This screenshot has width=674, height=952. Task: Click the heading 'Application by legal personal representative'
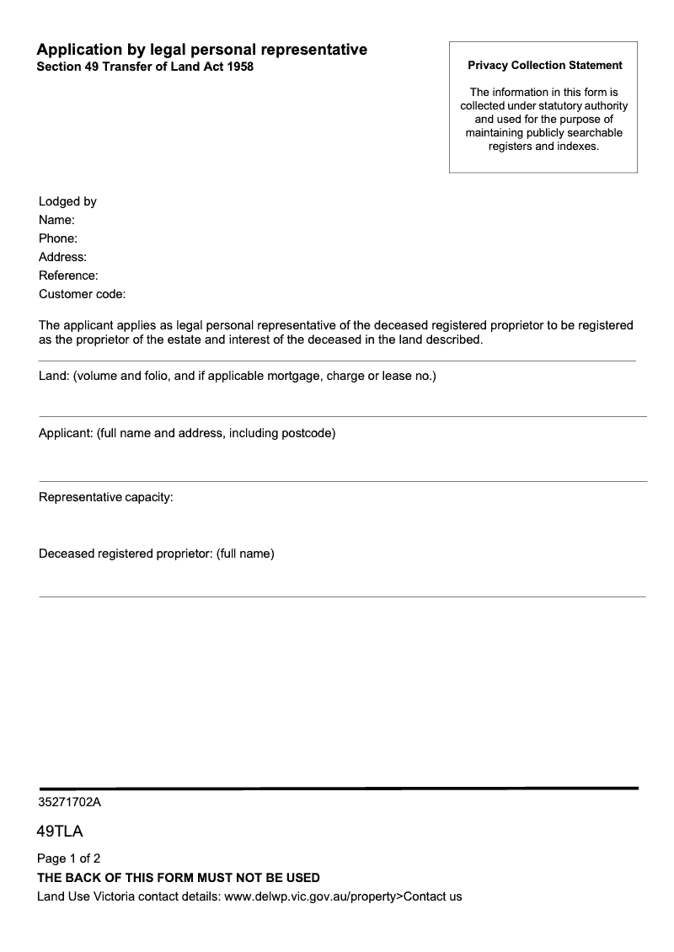pyautogui.click(x=201, y=50)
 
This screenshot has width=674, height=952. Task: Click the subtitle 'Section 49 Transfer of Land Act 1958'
pyautogui.click(x=144, y=67)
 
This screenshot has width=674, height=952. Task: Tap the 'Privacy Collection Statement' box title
pyautogui.click(x=544, y=65)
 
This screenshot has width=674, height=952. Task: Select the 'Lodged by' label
pyautogui.click(x=67, y=201)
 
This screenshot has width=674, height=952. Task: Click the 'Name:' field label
pyautogui.click(x=56, y=220)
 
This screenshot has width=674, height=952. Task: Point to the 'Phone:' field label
pyautogui.click(x=58, y=238)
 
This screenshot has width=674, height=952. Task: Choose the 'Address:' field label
pyautogui.click(x=62, y=257)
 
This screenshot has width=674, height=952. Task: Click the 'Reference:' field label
pyautogui.click(x=68, y=275)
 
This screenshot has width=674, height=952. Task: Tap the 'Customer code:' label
pyautogui.click(x=82, y=294)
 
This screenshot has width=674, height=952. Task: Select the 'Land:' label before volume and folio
pyautogui.click(x=55, y=376)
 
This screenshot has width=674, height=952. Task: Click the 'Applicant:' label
pyautogui.click(x=66, y=434)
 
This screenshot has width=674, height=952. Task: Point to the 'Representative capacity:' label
pyautogui.click(x=105, y=497)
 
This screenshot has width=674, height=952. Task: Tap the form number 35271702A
pyautogui.click(x=69, y=803)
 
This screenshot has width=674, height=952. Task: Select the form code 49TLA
pyautogui.click(x=60, y=832)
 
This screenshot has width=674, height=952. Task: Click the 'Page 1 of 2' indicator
pyautogui.click(x=68, y=858)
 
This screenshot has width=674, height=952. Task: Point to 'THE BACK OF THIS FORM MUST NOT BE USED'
pyautogui.click(x=178, y=878)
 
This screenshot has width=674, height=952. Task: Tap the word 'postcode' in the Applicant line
pyautogui.click(x=307, y=434)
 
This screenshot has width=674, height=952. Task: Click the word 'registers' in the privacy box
pyautogui.click(x=510, y=146)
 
